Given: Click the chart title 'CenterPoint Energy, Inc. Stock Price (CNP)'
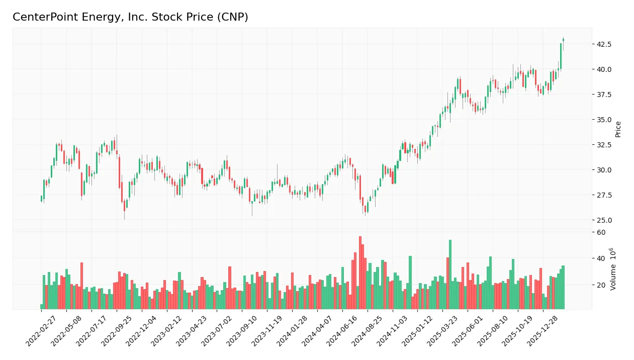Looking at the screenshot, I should coord(130,17).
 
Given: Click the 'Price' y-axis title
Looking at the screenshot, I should coord(618,129).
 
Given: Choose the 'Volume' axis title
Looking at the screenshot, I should coord(613,268).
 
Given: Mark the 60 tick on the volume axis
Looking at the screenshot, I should coord(601,232).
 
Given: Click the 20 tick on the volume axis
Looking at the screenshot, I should coord(601,285).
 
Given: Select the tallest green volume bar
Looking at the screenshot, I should coord(450,274).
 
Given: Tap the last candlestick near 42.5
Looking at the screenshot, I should coord(563,40).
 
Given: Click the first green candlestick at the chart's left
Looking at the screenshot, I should coord(41,199).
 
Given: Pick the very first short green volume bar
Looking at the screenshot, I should coord(41,306).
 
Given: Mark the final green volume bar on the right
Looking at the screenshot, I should coord(563,287).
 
